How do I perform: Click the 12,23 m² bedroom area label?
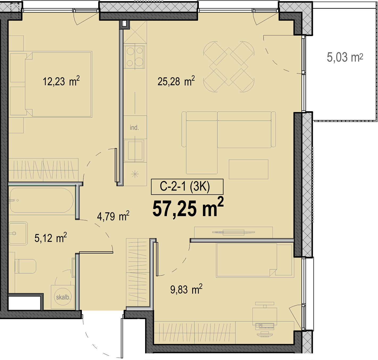pyautogui.click(x=61, y=81)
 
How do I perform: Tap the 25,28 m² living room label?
pyautogui.click(x=176, y=81)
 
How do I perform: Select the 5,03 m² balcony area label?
pyautogui.click(x=345, y=57)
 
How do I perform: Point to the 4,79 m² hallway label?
pyautogui.click(x=113, y=216)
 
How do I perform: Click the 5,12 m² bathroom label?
pyautogui.click(x=51, y=238)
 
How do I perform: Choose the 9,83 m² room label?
pyautogui.click(x=186, y=289)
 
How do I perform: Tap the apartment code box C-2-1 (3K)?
pyautogui.click(x=187, y=187)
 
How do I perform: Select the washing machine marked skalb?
pyautogui.click(x=63, y=297)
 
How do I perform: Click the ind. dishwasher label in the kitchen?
pyautogui.click(x=134, y=127)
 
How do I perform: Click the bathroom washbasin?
pyautogui.click(x=18, y=233)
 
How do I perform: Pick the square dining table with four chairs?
pyautogui.click(x=229, y=67)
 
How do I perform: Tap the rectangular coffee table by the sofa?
pyautogui.click(x=248, y=169)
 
